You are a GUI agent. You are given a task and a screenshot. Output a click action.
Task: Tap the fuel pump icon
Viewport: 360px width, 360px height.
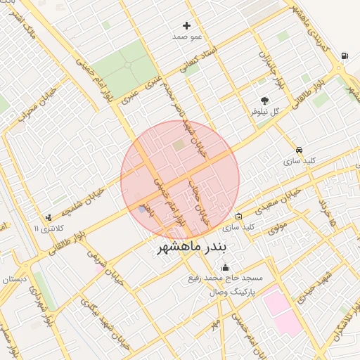(344, 56)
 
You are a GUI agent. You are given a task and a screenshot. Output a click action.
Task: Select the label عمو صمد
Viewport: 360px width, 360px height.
(187, 36)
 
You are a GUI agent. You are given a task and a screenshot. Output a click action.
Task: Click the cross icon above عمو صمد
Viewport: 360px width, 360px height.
(186, 25)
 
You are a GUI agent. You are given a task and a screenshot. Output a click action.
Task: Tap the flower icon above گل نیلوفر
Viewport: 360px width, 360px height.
(265, 101)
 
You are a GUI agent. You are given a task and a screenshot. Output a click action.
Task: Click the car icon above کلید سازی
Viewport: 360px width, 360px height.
(300, 150)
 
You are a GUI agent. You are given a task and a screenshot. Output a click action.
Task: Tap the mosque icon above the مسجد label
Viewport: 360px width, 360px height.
(225, 267)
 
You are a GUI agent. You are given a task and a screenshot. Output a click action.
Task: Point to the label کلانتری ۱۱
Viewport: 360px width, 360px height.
(48, 228)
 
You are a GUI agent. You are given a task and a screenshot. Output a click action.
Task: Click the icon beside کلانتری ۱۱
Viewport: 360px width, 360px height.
(48, 217)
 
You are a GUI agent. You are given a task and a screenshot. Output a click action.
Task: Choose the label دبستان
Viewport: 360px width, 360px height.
(15, 280)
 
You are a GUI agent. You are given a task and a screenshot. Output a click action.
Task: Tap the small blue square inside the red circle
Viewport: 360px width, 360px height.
(143, 209)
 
